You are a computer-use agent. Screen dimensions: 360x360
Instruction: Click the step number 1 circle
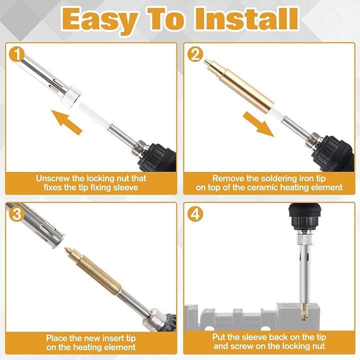17,54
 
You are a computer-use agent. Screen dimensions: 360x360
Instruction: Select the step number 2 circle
195,54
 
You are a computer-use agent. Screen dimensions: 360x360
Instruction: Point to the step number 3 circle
17,214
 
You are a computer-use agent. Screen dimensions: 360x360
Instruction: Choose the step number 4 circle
195,214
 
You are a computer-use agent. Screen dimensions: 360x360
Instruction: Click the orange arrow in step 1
66,122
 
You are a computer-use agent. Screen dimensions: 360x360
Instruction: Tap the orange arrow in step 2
259,124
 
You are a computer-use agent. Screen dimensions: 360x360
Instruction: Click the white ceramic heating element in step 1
93,115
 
